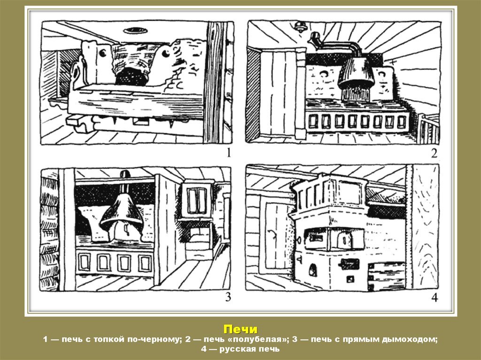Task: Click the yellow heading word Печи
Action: pos(240,329)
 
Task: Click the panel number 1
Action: pos(228,153)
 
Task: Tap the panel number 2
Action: pos(434,153)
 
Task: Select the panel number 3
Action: pos(228,297)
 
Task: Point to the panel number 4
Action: pos(434,297)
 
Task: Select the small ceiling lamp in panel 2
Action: pos(299,26)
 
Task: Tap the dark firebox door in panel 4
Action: pos(349,263)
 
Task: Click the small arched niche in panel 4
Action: pos(312,270)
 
